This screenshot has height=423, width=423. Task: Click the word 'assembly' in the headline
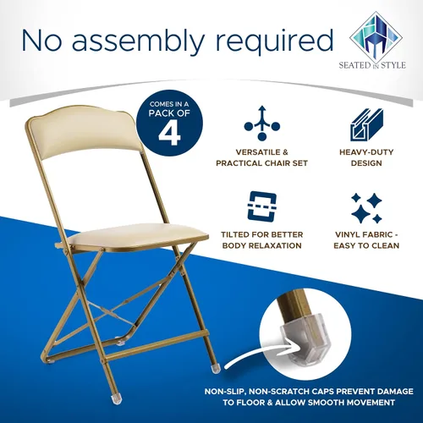[137, 41]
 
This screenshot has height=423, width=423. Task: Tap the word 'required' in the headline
[274, 41]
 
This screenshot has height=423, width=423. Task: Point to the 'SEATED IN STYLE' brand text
[372, 65]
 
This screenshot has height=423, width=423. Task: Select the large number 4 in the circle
[169, 134]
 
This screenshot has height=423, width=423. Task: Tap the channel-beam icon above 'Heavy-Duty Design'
[367, 124]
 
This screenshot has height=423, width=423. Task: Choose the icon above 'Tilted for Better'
[262, 206]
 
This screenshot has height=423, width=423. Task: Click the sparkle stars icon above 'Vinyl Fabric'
[367, 208]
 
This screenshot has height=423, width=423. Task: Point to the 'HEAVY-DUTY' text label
[366, 152]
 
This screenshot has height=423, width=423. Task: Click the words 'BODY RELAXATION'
[262, 245]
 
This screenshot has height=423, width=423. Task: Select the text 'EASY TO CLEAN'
[366, 245]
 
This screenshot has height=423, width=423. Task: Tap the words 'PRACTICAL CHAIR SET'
[261, 163]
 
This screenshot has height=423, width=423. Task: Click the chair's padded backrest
[85, 134]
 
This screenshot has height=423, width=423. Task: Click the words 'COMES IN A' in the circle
[169, 104]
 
